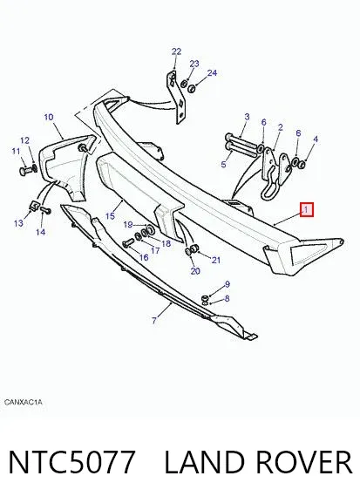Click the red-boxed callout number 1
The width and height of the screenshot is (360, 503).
[x=307, y=210]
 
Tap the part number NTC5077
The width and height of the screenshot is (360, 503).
[x=71, y=462]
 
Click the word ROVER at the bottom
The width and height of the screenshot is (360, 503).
[x=304, y=462]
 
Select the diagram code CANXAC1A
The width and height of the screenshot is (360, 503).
[x=24, y=402]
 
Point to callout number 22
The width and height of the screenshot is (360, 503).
[x=176, y=51]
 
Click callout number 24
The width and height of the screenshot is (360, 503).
[x=212, y=73]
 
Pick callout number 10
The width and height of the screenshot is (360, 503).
[x=49, y=117]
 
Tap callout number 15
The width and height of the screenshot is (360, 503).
[x=110, y=215]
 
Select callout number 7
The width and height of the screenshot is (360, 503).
[x=154, y=320]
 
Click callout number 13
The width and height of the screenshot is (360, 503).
[x=18, y=222]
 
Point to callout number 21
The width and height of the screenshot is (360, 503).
[x=216, y=260]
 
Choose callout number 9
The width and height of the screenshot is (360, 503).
[x=228, y=284]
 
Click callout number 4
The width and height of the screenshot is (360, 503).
[x=316, y=139]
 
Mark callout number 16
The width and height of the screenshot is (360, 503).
[x=144, y=257]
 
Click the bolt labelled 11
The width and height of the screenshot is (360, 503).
[x=26, y=170]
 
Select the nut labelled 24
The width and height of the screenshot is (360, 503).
[x=192, y=88]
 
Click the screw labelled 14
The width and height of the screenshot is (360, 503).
[x=45, y=211]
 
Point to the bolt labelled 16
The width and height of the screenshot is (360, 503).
[x=129, y=242]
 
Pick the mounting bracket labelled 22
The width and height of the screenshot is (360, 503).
[x=177, y=98]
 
